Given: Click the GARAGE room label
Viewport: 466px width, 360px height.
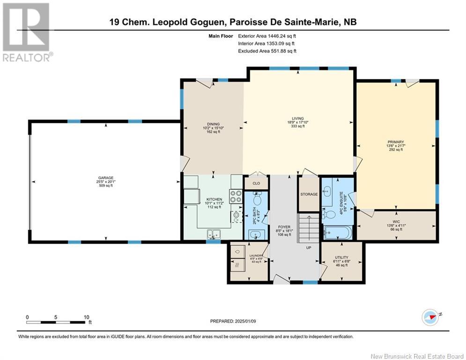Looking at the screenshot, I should (x=105, y=178).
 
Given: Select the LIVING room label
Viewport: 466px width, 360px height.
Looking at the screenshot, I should (x=298, y=119).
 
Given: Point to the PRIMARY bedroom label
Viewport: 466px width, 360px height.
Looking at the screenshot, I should (x=396, y=142).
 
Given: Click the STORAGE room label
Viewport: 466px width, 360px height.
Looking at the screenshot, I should (x=309, y=194).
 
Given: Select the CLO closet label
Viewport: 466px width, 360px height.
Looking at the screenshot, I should (x=256, y=183).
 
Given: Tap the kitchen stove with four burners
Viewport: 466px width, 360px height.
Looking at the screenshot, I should (x=236, y=195).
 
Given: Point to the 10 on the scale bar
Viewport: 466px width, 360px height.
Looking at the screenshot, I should (x=87, y=317).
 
